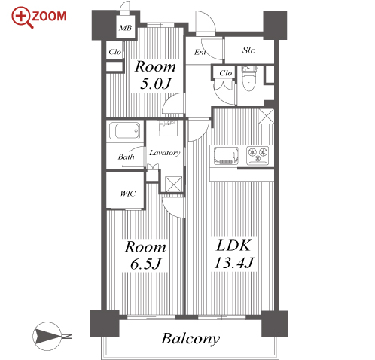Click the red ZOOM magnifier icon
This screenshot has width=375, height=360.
[23, 17]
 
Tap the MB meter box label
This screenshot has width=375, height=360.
[125, 28]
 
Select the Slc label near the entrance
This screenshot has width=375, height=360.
[248, 50]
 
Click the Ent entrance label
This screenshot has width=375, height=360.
[200, 52]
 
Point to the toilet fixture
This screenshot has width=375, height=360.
[249, 78]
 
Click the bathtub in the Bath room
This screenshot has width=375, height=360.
[125, 130]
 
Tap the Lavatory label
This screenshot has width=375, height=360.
[165, 153]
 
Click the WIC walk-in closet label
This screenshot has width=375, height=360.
[128, 194]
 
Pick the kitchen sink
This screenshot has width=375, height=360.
[226, 156]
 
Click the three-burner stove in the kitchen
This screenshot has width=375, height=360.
[258, 155]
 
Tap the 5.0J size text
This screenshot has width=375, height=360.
[156, 84]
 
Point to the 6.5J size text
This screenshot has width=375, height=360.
[145, 264]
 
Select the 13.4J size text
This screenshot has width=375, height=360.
[234, 263]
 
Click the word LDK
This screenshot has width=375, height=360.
[233, 246]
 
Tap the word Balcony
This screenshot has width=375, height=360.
[191, 339]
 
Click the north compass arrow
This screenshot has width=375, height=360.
[47, 337]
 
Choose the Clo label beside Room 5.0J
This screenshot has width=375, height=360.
[115, 52]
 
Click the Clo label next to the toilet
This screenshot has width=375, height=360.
[225, 73]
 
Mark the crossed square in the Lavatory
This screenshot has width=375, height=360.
[173, 185]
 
